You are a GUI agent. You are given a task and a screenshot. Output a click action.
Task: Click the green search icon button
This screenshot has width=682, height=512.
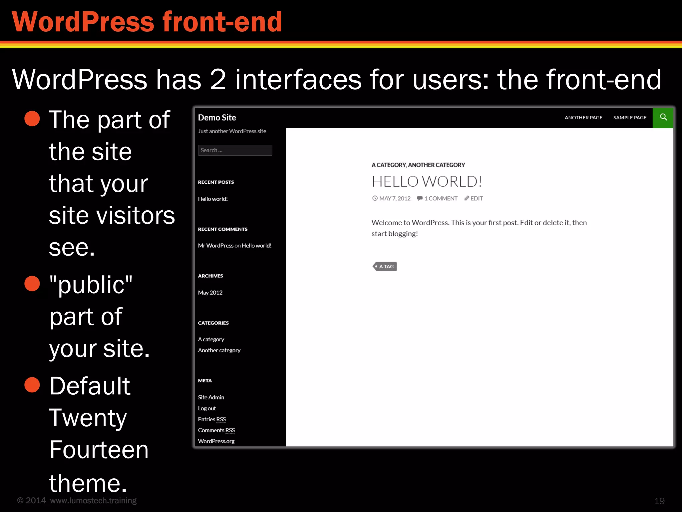pos(663,117)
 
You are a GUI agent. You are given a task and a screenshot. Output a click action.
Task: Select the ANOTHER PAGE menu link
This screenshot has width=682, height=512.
pos(583,118)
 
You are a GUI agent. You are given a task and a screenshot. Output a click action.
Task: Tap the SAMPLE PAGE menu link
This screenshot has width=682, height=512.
pos(630,118)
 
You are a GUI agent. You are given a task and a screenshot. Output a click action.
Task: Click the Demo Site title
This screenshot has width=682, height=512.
pos(217,118)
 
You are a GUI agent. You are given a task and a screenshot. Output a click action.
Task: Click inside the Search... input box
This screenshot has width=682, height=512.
pos(235,150)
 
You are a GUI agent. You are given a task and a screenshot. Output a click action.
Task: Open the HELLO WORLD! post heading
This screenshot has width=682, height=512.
pos(427,182)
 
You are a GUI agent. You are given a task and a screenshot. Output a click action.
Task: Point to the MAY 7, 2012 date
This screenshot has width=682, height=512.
pos(395,198)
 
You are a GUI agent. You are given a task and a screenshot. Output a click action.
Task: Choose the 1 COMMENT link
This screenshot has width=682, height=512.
pos(441,198)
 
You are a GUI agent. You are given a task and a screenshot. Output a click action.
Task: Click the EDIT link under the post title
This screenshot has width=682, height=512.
pos(476,198)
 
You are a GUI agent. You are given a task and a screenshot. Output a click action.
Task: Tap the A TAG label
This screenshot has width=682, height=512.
pos(385,266)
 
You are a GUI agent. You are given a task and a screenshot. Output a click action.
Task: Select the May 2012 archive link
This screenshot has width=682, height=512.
pos(210,293)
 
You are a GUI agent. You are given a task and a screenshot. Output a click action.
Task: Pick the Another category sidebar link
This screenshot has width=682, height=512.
pos(219,350)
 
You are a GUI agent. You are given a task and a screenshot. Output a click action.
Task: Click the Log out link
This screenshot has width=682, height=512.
pos(207,408)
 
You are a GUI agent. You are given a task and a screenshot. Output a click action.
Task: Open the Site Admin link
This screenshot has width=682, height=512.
pos(211,397)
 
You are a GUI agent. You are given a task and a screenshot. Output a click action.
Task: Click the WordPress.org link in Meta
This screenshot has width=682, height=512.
pos(216,441)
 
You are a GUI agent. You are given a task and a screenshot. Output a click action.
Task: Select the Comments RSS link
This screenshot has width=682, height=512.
pos(216,430)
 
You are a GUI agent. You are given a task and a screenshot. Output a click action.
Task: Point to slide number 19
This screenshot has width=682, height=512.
pos(659,501)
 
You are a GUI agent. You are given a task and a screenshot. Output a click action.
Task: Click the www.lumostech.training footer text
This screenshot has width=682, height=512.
pos(93,501)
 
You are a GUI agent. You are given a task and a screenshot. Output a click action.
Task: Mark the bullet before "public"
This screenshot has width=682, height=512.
pos(32,284)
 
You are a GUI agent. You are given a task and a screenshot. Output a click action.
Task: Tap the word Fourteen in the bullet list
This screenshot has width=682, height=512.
pos(99,450)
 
